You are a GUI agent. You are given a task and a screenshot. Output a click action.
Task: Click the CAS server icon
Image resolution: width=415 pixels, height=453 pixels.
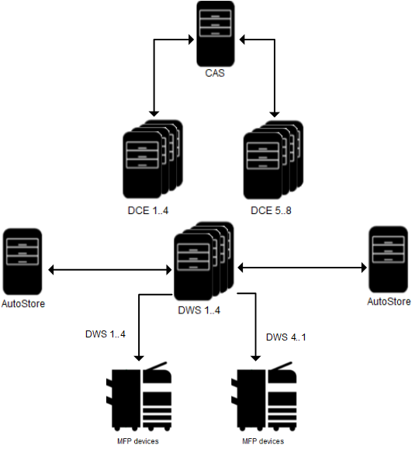(x=215, y=34)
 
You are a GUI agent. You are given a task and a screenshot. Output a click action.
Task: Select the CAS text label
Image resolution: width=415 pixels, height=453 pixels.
(x=215, y=75)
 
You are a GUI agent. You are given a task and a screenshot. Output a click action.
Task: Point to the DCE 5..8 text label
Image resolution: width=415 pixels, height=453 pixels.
(x=271, y=209)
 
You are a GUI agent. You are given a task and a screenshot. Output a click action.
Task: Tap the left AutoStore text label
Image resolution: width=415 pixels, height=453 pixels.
(x=22, y=303)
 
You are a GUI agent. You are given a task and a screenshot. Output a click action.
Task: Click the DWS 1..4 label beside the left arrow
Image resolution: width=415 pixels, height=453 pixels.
(x=105, y=335)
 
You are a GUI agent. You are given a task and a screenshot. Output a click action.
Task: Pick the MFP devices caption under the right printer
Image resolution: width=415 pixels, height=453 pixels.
(x=263, y=441)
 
